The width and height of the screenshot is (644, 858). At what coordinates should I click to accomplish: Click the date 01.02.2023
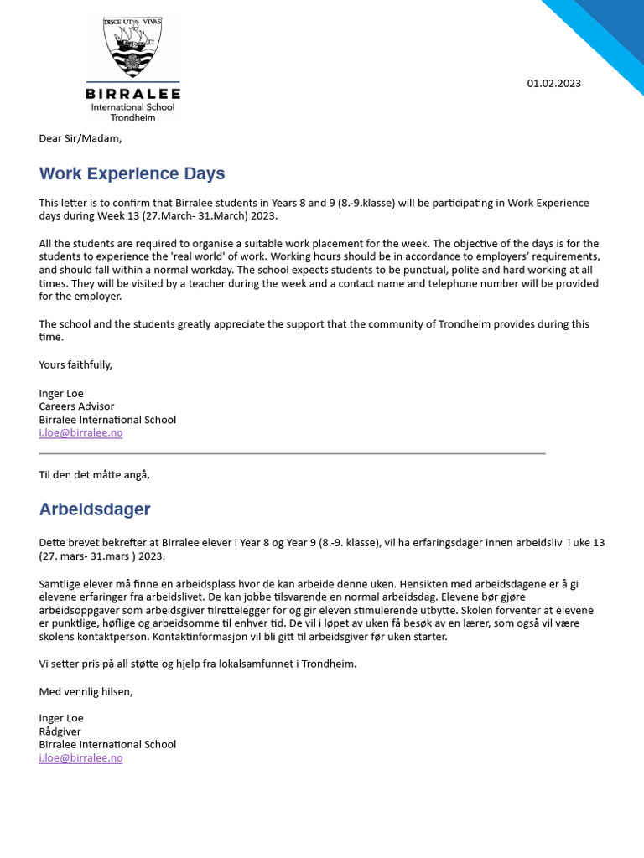pyautogui.click(x=553, y=83)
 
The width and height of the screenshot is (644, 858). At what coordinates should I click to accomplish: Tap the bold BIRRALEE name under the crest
pyautogui.click(x=133, y=93)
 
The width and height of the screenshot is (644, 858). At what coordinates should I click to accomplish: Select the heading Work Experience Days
pyautogui.click(x=132, y=174)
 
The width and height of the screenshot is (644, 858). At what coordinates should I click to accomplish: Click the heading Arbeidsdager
pyautogui.click(x=95, y=509)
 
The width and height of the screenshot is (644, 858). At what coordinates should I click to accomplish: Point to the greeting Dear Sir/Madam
pyautogui.click(x=80, y=138)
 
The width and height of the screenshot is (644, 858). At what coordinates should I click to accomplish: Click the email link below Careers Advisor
pyautogui.click(x=80, y=433)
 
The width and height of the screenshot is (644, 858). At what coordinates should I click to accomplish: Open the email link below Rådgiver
pyautogui.click(x=80, y=757)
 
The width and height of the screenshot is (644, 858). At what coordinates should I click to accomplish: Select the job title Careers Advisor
pyautogui.click(x=76, y=406)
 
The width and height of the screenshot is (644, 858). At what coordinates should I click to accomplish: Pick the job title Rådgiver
pyautogui.click(x=60, y=731)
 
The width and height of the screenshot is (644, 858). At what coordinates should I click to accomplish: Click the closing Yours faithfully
pyautogui.click(x=75, y=364)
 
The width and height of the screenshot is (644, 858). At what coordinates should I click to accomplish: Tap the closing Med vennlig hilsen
pyautogui.click(x=86, y=691)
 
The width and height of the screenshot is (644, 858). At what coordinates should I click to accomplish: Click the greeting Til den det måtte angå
pyautogui.click(x=94, y=474)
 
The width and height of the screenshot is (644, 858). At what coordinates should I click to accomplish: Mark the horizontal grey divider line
pyautogui.click(x=292, y=453)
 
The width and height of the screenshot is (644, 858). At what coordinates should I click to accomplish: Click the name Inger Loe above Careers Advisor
pyautogui.click(x=61, y=393)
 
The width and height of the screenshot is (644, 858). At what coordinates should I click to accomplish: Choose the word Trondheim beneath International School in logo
pyautogui.click(x=132, y=118)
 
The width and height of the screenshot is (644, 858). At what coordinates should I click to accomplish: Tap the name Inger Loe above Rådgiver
pyautogui.click(x=61, y=717)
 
